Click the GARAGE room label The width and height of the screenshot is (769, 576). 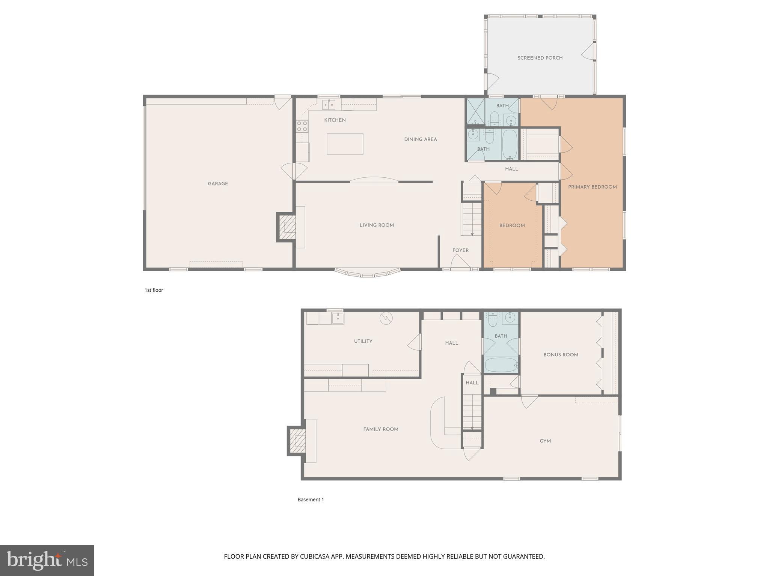click(218, 184)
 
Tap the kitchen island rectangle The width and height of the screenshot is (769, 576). click(345, 144)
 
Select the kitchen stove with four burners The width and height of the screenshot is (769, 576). click(302, 126)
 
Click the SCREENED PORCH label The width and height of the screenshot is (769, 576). click(540, 58)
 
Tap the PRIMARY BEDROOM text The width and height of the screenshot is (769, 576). click(592, 187)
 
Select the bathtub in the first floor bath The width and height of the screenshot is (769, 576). click(510, 145)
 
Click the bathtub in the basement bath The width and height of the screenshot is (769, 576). click(501, 365)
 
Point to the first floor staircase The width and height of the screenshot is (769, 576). click(472, 219)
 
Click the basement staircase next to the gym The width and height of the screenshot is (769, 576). click(472, 409)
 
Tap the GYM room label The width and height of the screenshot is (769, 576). click(545, 441)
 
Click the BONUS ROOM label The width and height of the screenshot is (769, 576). click(561, 355)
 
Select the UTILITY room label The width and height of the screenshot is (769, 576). click(363, 341)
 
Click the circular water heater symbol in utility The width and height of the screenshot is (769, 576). click(386, 318)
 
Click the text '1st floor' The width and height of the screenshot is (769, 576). click(154, 290)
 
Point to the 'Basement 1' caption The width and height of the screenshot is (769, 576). click(311, 499)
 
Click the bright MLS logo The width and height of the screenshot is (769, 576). click(47, 560)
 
